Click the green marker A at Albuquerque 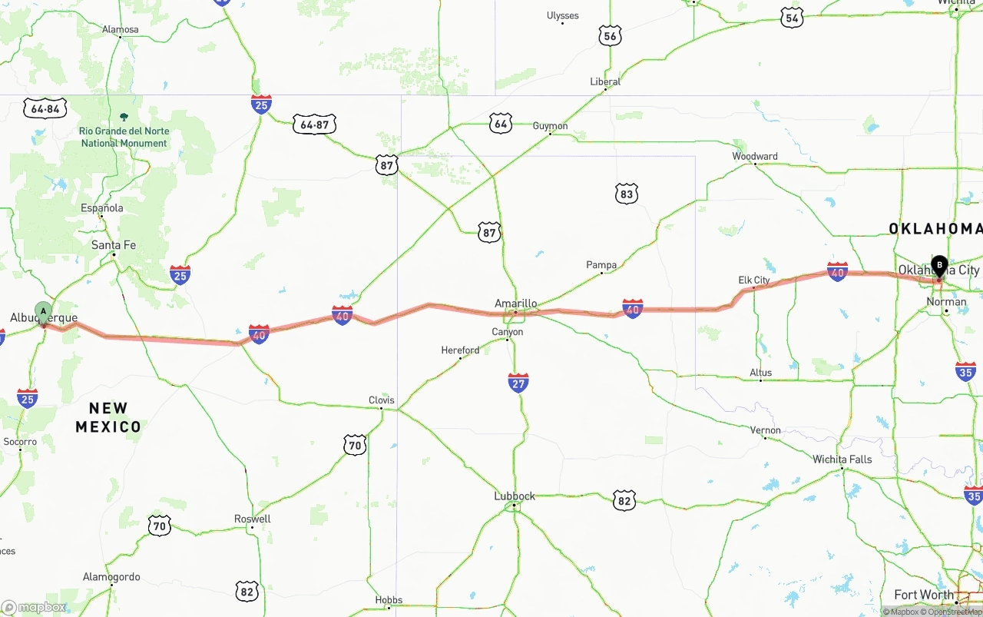click(44, 313)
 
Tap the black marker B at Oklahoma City click(938, 267)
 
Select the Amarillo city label click(515, 304)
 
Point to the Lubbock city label click(515, 496)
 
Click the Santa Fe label click(114, 245)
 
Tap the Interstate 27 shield click(518, 383)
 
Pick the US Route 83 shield click(627, 194)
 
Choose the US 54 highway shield click(793, 18)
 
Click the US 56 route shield click(610, 35)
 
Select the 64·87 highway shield click(315, 124)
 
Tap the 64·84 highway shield click(45, 108)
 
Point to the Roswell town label click(253, 519)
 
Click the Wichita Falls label click(842, 459)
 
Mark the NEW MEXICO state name click(108, 417)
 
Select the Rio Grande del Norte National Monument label click(124, 137)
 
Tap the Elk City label click(754, 280)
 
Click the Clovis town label click(382, 400)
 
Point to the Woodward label click(755, 156)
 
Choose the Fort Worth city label click(924, 595)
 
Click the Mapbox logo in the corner click(35, 608)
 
